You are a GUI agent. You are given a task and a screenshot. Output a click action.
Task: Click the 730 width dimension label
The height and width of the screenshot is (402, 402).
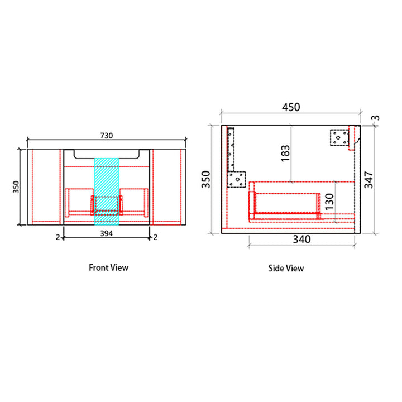(107, 136)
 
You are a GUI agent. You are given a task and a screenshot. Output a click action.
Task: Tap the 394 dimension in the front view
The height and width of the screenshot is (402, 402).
(107, 233)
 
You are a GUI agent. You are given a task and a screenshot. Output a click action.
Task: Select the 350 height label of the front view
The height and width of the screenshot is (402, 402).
(16, 187)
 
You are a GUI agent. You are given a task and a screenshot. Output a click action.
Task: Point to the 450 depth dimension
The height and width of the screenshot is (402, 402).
(291, 107)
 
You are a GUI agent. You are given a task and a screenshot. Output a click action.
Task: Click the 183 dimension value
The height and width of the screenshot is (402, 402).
(286, 154)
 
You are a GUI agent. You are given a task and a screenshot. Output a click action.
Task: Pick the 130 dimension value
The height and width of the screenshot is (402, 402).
(329, 202)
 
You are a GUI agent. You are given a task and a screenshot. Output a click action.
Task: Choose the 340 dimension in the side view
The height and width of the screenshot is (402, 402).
(301, 240)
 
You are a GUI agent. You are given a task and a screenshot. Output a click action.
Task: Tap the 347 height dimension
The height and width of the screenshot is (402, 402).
(368, 180)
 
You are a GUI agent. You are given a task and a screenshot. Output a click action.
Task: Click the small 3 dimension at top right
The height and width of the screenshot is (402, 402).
(376, 118)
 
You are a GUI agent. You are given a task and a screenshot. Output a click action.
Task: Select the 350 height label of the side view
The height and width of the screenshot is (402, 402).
(206, 179)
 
